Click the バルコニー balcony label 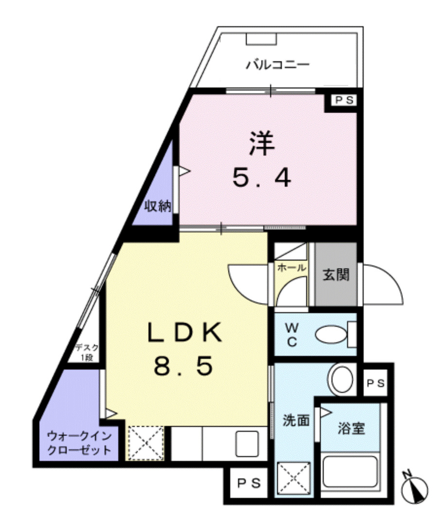tap(277, 64)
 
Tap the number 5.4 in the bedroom tap(261, 178)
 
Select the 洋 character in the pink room tap(262, 144)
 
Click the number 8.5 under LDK tap(184, 366)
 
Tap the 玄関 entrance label tap(336, 275)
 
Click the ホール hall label tap(291, 267)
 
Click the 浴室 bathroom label tap(352, 429)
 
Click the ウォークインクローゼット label tap(79, 442)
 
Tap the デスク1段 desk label tap(87, 352)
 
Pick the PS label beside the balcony tap(344, 101)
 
